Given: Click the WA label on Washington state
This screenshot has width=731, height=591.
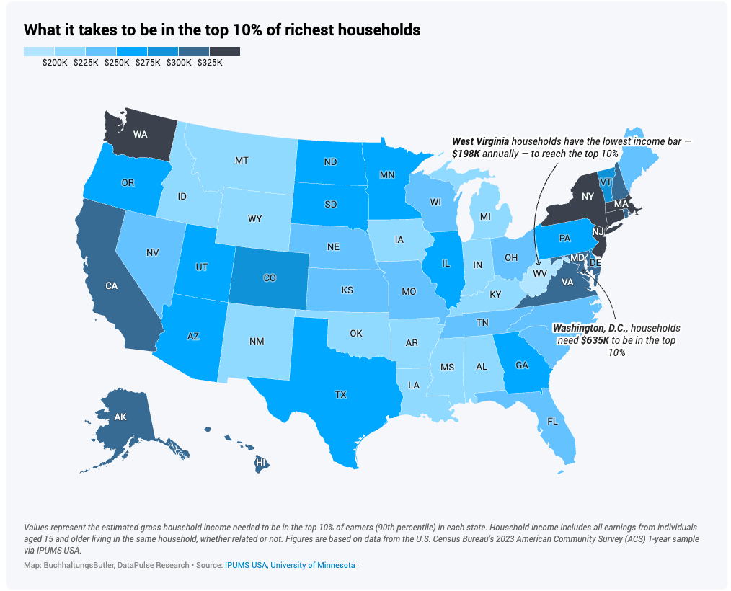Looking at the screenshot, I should pos(140,134).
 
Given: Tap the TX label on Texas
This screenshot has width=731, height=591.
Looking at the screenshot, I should pos(340,395).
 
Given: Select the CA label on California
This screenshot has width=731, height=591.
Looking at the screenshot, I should pos(111,286).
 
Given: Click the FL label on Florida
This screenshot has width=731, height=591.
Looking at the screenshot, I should pos(552,421).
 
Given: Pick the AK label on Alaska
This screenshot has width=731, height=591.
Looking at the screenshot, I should pos(120,417).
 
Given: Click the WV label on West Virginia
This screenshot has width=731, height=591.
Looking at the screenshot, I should pos(539,274).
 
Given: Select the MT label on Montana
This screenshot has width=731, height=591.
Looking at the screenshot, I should pos(242,161).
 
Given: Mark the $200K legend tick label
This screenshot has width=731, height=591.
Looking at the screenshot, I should pos(55,63).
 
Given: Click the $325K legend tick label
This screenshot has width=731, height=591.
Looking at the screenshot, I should pos(210,63).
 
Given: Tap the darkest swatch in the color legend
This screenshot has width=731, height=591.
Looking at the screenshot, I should pos(224,52).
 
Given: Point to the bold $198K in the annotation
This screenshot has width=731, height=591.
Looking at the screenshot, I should pos(466,154).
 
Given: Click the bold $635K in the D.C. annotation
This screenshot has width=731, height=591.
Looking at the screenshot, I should pos(595,340).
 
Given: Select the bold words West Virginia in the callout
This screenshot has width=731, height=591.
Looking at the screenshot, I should pos(479,142).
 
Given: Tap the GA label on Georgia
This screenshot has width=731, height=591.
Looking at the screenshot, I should pos(521,365).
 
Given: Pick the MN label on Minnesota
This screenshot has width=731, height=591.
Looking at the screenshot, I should pos(387,174).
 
